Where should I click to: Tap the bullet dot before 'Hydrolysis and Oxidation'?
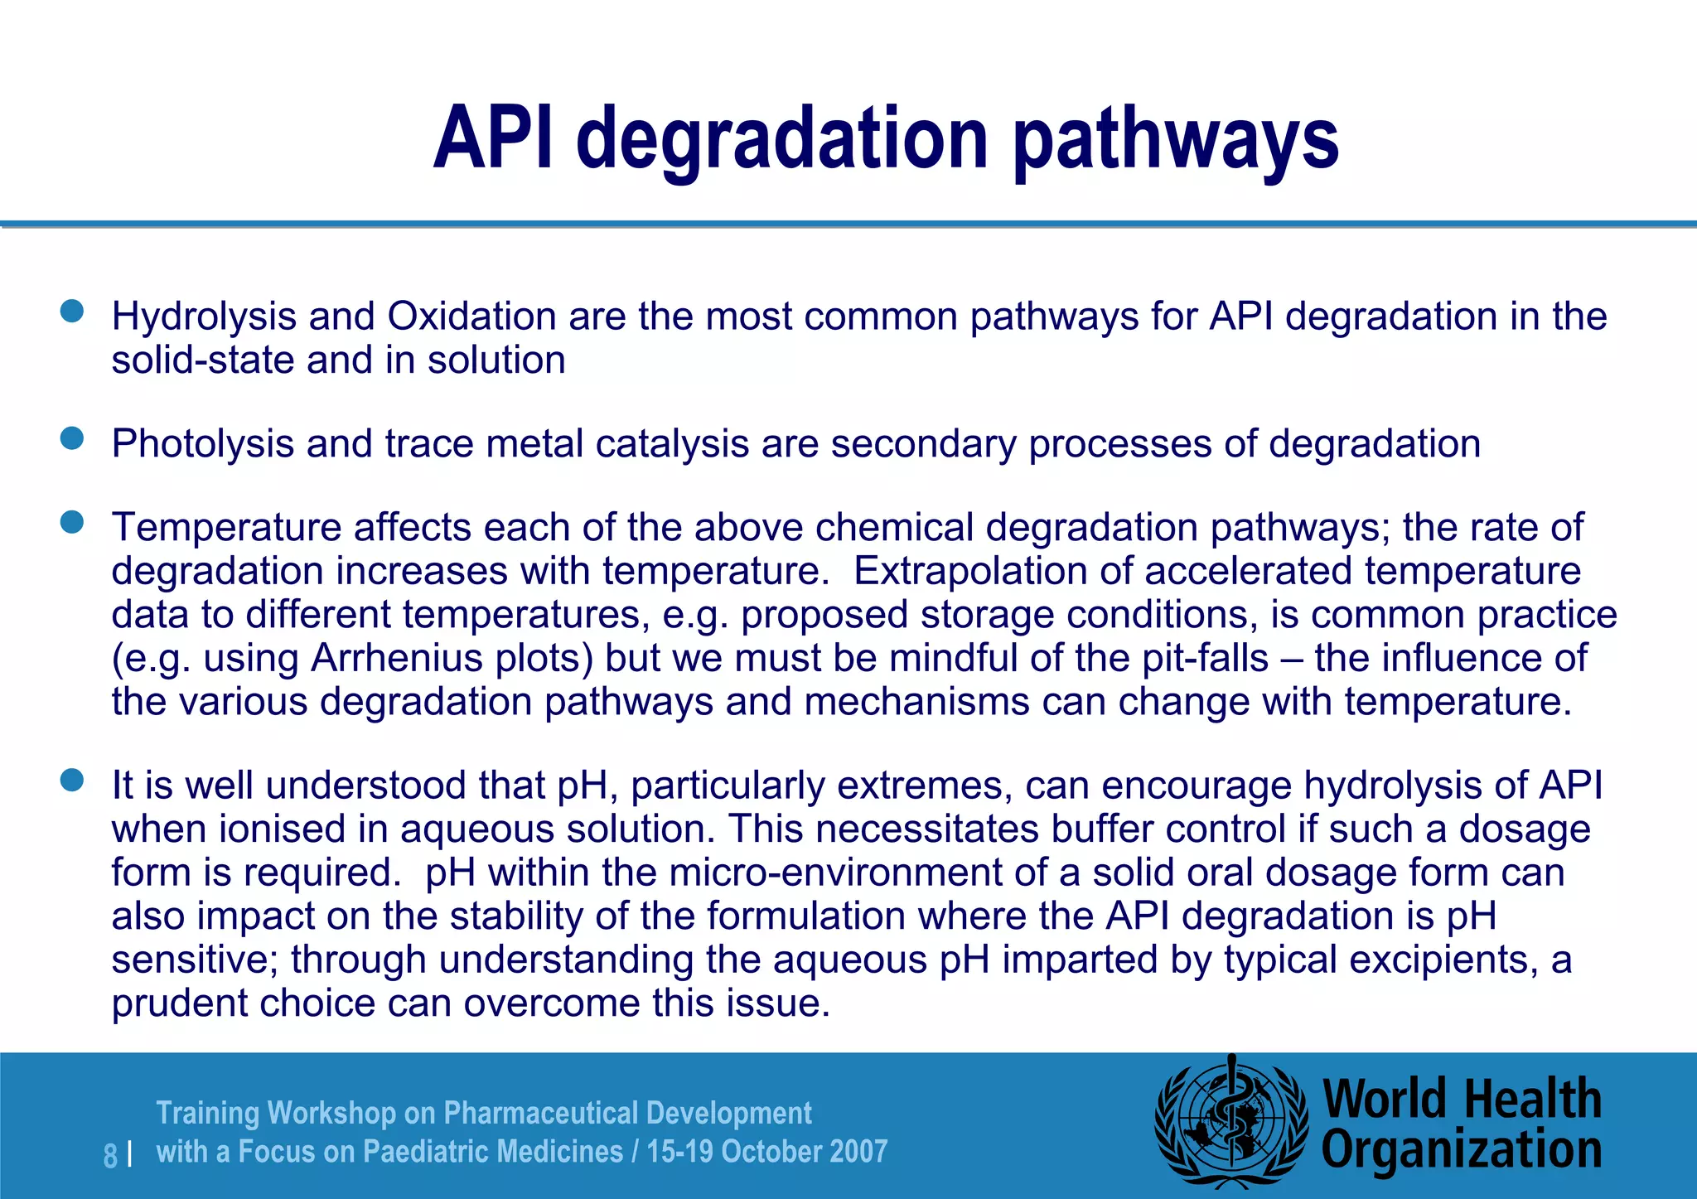click(73, 312)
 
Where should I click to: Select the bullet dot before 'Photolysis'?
click(73, 438)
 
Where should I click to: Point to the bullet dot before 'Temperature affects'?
click(73, 522)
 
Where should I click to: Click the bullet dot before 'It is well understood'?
click(73, 781)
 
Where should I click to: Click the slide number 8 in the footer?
click(110, 1155)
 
